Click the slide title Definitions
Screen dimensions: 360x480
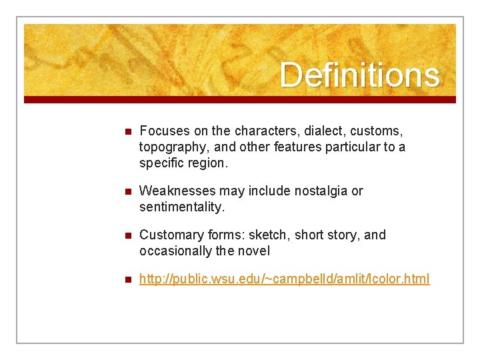[x=359, y=75]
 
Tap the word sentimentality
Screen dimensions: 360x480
[x=181, y=207]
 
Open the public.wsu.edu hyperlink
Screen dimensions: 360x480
[x=284, y=279]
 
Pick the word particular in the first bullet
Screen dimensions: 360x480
[x=351, y=147]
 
